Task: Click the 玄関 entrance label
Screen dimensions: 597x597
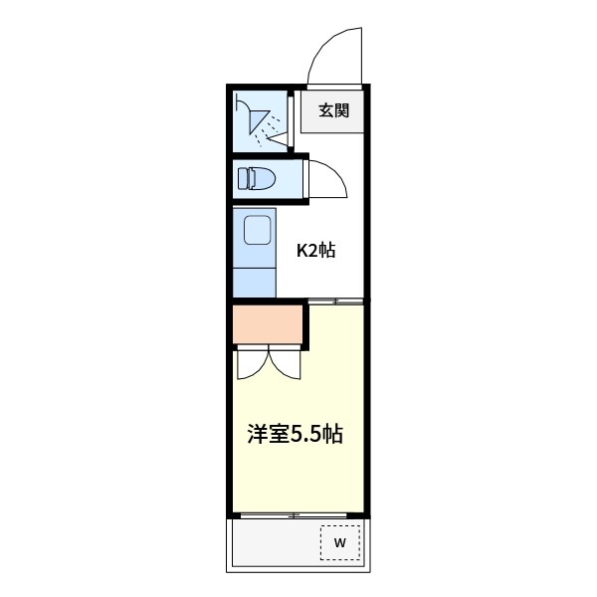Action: click(333, 110)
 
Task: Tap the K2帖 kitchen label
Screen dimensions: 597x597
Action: click(316, 250)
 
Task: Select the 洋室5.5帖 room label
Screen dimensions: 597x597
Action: click(296, 434)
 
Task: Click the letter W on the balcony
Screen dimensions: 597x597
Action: click(339, 542)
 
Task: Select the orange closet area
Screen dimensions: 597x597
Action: click(268, 324)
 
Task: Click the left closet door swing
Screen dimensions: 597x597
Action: click(251, 364)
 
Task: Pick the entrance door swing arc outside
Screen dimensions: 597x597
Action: click(333, 60)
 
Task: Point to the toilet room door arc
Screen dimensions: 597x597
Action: click(326, 180)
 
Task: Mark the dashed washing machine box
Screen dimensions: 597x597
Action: click(339, 542)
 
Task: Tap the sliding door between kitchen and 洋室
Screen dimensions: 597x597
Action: click(335, 299)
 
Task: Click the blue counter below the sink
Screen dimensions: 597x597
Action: click(255, 281)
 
